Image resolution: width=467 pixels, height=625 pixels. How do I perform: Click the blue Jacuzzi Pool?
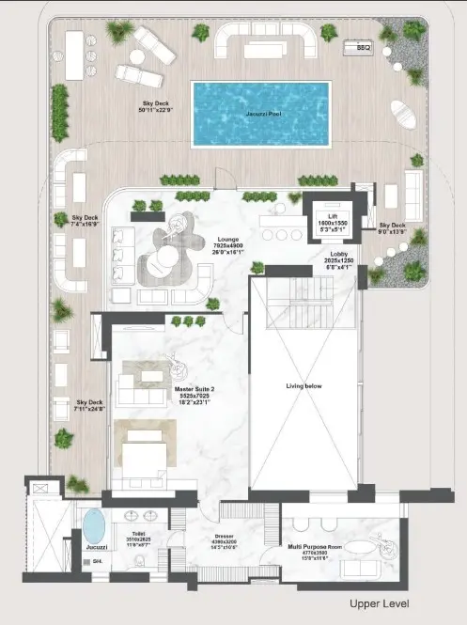point(260,114)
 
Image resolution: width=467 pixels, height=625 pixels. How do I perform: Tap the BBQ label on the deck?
point(363,46)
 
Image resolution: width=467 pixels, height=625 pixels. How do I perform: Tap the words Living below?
point(304,386)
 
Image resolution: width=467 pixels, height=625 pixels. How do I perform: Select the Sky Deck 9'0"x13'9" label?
point(392,229)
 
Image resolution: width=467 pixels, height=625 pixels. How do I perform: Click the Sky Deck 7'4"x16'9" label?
point(85,222)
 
